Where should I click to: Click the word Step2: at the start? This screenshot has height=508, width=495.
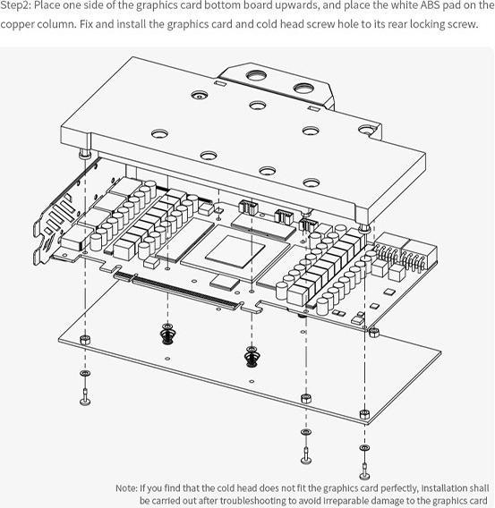click(15, 6)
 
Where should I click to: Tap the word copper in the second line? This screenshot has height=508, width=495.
click(18, 25)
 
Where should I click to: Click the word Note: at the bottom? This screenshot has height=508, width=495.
click(126, 488)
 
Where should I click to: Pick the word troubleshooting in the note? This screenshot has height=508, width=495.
click(243, 500)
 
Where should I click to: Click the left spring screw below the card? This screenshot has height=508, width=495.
click(167, 334)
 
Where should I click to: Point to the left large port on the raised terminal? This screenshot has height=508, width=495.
click(256, 76)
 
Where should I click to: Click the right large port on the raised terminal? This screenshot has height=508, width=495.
click(303, 88)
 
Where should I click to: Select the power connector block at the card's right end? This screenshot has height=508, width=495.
click(405, 253)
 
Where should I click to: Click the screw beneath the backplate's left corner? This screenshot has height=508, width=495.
click(85, 397)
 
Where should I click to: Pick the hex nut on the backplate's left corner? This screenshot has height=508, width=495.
click(85, 340)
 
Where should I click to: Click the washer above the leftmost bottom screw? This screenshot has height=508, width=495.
click(85, 373)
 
